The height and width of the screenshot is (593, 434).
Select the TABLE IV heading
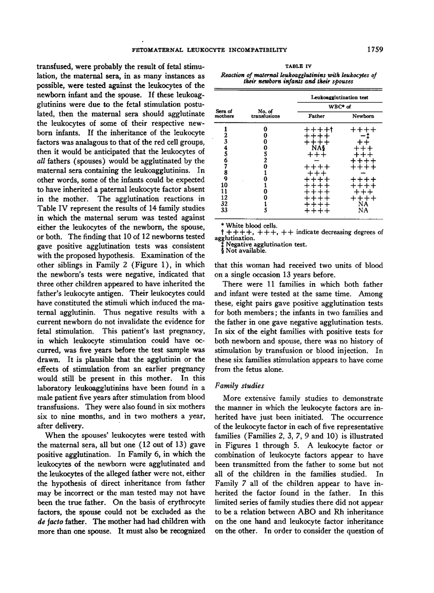298,67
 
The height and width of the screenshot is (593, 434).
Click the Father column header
317,116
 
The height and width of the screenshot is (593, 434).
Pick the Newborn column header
363,116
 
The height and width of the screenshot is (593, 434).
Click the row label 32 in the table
225,204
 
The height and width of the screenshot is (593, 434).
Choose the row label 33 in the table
225,210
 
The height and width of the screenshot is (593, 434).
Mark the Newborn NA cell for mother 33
363,210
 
